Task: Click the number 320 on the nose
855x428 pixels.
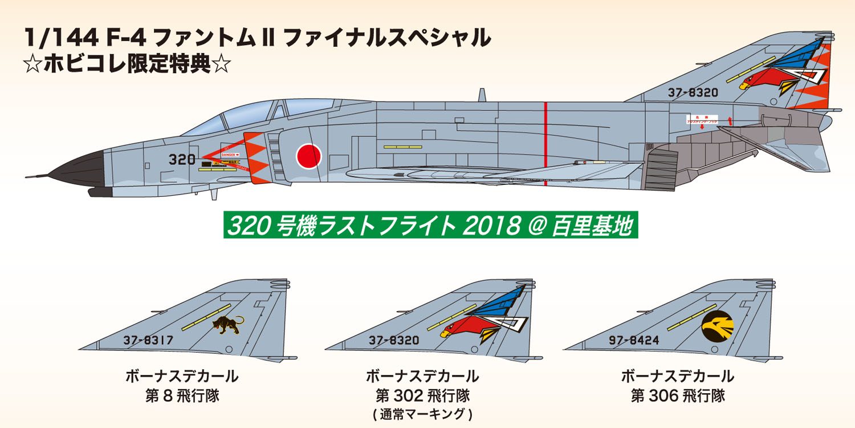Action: click(182, 160)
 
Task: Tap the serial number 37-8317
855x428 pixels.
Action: click(148, 341)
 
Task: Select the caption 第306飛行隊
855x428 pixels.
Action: click(677, 395)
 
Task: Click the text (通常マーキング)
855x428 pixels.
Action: click(422, 414)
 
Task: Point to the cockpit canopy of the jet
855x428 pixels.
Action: click(251, 118)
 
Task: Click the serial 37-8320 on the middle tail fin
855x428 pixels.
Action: click(394, 341)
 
